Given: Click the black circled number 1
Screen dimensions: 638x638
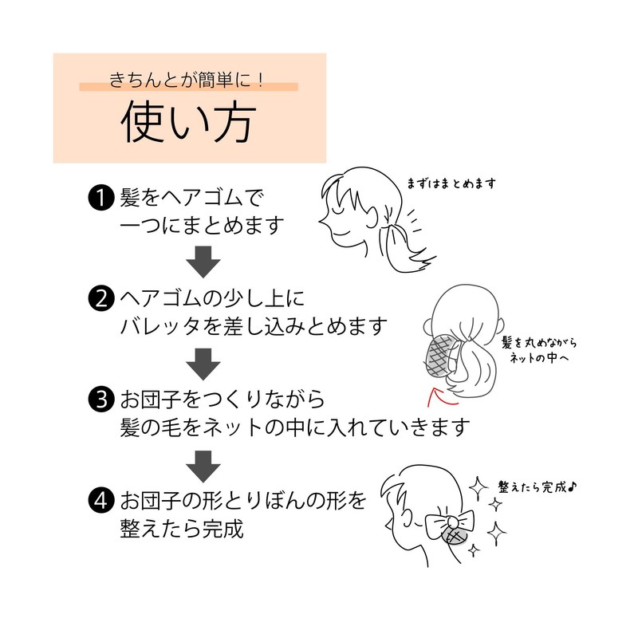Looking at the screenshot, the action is point(101,198).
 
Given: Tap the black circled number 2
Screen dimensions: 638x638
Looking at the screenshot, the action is point(101,298).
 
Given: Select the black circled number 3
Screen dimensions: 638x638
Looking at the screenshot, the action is point(101,400).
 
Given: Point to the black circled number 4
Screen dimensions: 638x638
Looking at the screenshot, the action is point(101,500).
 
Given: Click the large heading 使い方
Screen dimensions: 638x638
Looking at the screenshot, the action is point(188,121).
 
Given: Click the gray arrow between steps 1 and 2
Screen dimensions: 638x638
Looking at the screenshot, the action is point(203,262).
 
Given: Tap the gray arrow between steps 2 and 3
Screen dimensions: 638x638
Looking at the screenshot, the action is point(203,364).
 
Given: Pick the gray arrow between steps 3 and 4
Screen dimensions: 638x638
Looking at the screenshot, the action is point(203,467).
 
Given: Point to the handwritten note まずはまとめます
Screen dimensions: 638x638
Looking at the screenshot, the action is point(451,184).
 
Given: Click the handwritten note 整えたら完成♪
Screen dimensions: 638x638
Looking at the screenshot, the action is point(538,486).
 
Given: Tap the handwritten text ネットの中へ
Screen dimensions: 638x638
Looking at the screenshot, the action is point(539,358).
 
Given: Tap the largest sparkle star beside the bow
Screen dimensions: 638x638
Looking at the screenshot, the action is point(497,534).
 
